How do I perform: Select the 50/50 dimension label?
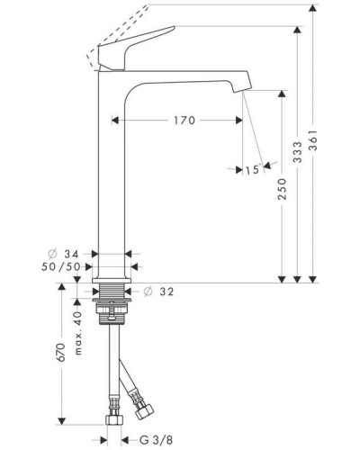[75, 267]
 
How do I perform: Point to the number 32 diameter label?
[167, 292]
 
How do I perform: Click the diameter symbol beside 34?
[58, 255]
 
